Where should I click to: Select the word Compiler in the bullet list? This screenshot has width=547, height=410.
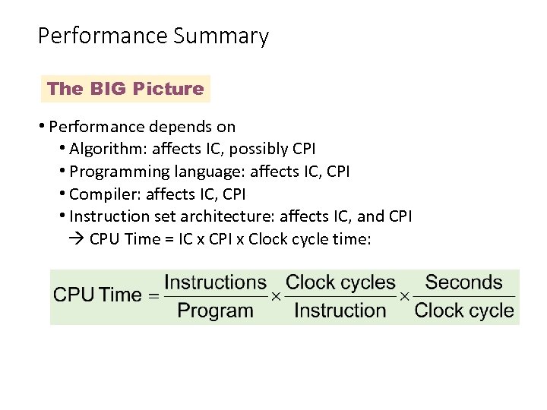100,194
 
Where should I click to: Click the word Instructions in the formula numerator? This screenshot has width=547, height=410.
216,282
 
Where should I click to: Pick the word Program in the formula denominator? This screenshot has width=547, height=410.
215,310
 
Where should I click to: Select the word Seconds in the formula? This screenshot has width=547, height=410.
463,282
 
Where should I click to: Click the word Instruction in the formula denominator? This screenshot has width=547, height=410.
340,310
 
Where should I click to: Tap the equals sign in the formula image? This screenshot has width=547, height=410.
153,296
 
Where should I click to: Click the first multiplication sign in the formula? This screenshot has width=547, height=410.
277,296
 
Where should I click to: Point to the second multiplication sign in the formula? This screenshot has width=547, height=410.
405,296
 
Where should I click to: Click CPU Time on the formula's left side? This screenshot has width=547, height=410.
97,295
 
